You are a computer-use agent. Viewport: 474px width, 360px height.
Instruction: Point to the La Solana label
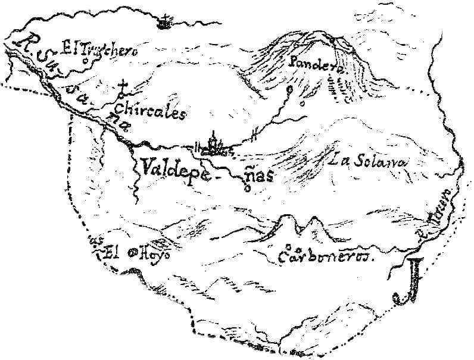369,161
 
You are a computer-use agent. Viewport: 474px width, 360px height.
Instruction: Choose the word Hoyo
155,252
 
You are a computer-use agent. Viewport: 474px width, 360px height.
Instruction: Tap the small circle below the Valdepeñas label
247,190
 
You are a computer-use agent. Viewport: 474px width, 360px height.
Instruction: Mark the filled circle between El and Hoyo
127,252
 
